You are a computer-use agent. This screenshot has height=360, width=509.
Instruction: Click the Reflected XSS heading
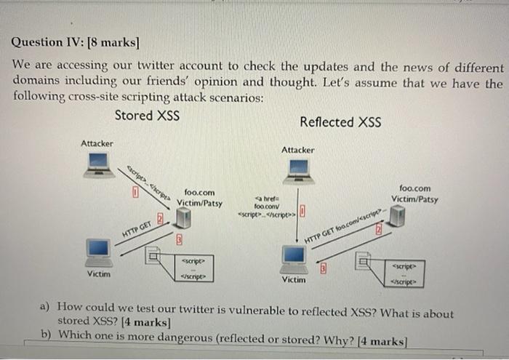click(x=340, y=122)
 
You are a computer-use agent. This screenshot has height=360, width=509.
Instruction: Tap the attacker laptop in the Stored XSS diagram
click(x=98, y=164)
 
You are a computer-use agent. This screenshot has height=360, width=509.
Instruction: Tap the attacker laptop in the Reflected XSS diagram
click(x=297, y=170)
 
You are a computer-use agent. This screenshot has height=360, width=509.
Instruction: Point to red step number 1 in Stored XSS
click(x=135, y=193)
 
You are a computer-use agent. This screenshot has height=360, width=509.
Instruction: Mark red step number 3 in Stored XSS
click(x=177, y=239)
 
